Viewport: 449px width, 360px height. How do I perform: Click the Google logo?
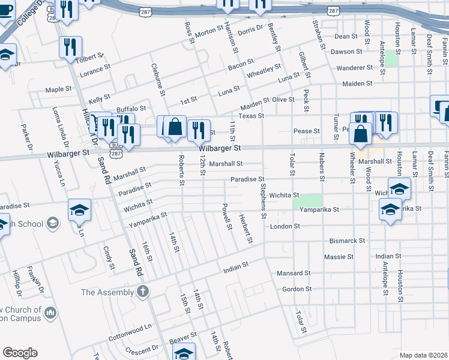20,353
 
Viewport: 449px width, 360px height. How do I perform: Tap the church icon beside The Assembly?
142,292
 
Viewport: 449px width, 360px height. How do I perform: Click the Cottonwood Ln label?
130,334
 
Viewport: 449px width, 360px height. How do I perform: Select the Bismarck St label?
347,241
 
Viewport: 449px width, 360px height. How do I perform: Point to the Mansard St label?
293,273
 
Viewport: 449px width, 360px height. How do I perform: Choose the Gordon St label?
297,289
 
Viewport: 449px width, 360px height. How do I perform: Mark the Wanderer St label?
354,68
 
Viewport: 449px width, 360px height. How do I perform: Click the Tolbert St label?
89,58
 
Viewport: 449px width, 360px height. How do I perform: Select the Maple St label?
59,90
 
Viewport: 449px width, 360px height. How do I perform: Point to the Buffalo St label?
131,109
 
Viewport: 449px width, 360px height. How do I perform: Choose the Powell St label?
227,219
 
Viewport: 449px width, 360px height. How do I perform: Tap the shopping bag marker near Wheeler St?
360,134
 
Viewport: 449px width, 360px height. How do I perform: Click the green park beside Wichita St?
307,201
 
